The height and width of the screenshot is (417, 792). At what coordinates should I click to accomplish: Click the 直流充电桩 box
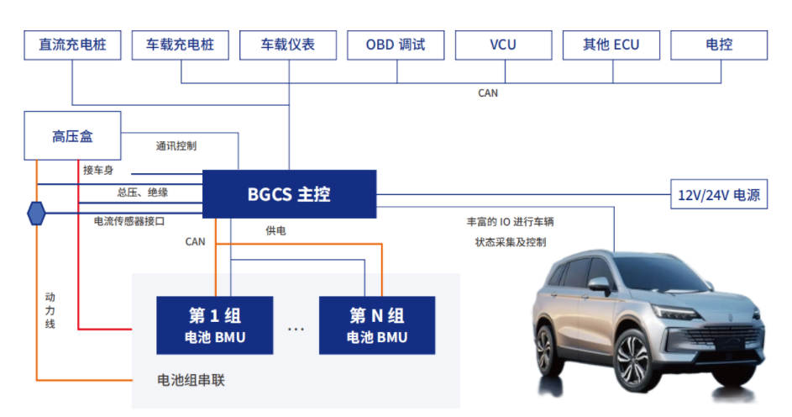[x=72, y=45]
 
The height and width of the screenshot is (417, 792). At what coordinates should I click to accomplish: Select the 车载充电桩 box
[x=180, y=45]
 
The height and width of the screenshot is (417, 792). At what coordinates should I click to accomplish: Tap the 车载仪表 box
[x=288, y=45]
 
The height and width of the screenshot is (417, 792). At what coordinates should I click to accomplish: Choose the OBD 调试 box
[x=396, y=45]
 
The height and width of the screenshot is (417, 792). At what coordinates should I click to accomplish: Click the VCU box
[x=503, y=45]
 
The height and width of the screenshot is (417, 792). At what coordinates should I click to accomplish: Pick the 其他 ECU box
[x=611, y=45]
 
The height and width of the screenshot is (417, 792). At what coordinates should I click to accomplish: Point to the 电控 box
[x=719, y=45]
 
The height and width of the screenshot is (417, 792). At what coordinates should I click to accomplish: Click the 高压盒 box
[x=72, y=135]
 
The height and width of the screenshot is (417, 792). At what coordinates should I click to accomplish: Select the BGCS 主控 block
[x=289, y=194]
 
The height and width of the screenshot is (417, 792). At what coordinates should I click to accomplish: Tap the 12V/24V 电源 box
[x=719, y=195]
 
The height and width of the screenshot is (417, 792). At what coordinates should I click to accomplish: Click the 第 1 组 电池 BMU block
[x=215, y=325]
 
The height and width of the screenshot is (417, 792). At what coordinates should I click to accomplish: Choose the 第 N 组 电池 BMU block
[x=377, y=325]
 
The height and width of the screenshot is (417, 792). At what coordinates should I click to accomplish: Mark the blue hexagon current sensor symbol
[x=37, y=213]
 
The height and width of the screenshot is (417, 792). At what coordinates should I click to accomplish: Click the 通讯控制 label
[x=176, y=145]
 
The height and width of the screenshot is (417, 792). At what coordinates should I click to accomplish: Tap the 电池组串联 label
[x=191, y=380]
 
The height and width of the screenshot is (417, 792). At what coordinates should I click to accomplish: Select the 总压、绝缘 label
[x=142, y=193]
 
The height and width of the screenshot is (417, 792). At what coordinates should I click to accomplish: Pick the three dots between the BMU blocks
[x=296, y=330]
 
